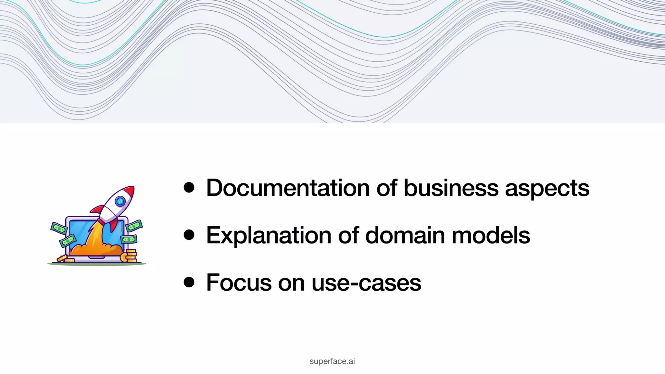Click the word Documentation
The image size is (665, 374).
coord(288,188)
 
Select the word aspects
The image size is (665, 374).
coord(547,189)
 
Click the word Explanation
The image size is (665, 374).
coord(269,235)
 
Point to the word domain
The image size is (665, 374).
coord(405,235)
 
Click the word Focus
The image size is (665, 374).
coord(239,282)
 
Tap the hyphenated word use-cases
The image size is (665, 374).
coord(366,283)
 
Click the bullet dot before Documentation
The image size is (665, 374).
coord(189,188)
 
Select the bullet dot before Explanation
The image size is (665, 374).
coord(189,235)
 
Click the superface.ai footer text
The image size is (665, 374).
coord(332,361)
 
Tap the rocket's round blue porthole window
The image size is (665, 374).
coord(120,201)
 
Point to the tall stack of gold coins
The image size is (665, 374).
coord(131,256)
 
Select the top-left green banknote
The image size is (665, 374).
coord(59,228)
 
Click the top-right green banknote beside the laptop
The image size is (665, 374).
coord(134,225)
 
